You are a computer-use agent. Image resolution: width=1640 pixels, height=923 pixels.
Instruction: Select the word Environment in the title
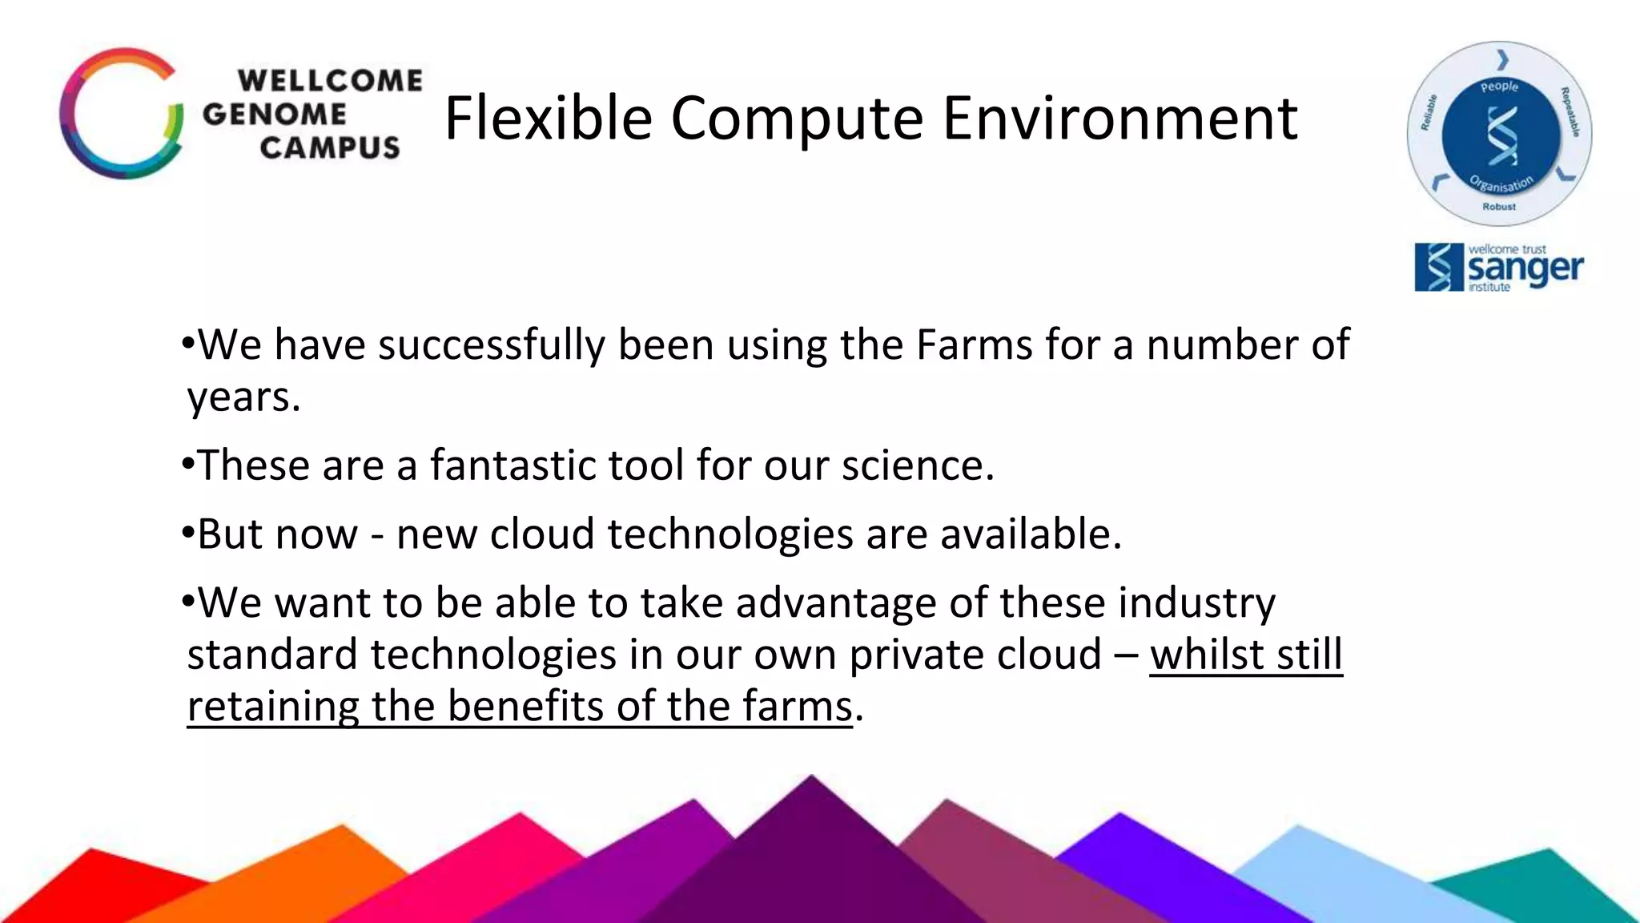[1119, 119]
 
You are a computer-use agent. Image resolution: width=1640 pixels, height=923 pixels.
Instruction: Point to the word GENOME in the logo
[274, 114]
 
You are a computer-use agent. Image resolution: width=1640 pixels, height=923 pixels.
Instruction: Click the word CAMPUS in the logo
[329, 147]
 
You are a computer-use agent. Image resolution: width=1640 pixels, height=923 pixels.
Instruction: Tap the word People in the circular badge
[1499, 87]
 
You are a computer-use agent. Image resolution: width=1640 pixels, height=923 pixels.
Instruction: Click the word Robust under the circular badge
[1498, 207]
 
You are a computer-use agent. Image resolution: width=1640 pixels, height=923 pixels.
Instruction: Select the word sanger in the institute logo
[1525, 268]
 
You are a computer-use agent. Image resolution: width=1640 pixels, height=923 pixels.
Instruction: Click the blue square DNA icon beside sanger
[1438, 268]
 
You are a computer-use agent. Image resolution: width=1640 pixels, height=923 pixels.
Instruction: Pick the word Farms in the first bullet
[974, 345]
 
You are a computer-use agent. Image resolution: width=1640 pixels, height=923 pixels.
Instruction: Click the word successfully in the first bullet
[491, 347]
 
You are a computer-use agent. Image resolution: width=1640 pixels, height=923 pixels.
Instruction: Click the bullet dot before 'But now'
[188, 532]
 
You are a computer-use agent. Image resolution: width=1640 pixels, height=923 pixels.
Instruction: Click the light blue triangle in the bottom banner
[1313, 873]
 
